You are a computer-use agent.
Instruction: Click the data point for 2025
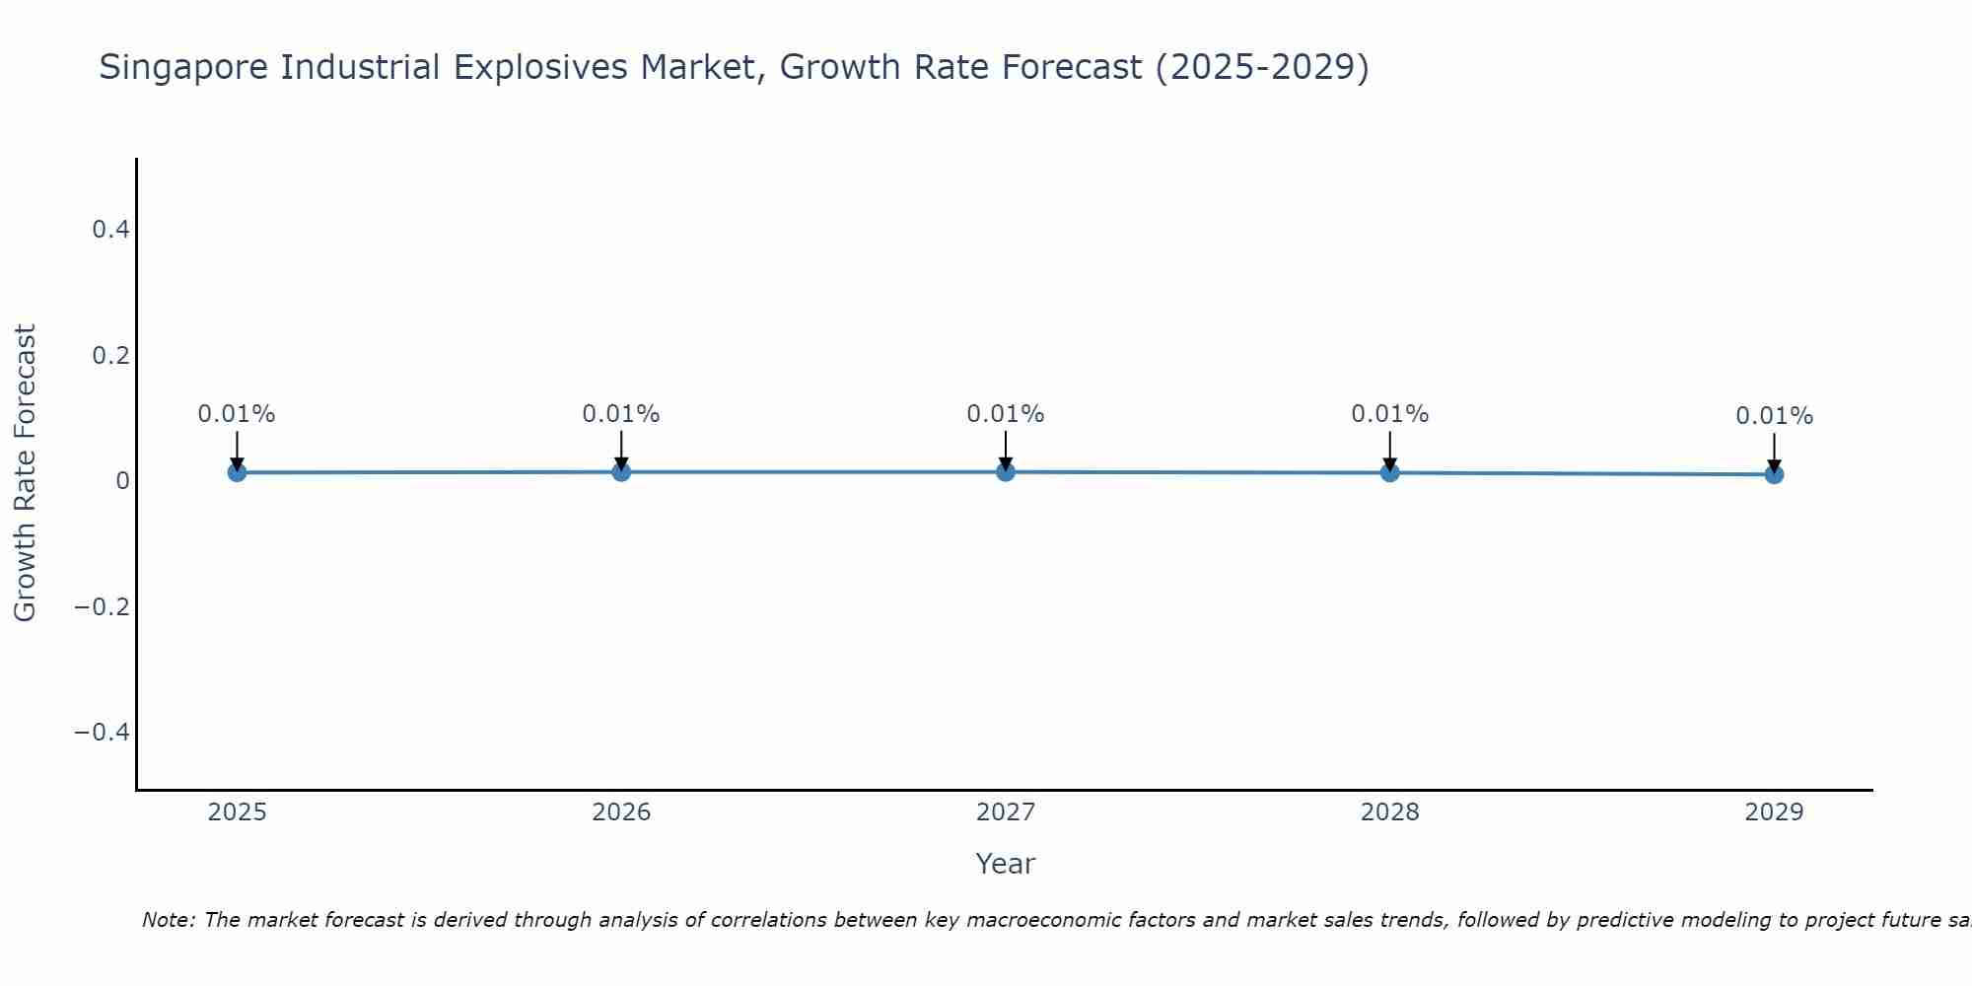point(237,472)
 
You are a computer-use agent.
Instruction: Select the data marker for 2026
point(621,471)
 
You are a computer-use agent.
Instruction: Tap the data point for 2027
point(1006,471)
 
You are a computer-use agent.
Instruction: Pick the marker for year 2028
point(1389,472)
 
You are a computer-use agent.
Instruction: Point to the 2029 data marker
point(1774,474)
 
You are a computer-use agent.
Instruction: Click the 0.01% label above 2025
point(237,414)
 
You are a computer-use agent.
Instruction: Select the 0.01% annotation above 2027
point(1006,414)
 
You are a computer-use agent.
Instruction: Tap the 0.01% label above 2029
point(1774,416)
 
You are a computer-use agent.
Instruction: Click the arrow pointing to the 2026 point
point(621,449)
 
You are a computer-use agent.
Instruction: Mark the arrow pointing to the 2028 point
point(1389,449)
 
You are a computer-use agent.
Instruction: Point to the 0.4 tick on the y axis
point(110,230)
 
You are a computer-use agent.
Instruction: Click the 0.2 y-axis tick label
point(110,355)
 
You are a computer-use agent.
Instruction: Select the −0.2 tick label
point(102,606)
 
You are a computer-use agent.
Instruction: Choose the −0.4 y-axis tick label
point(102,732)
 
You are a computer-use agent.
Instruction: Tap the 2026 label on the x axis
point(621,812)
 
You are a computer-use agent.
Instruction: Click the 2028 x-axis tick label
point(1389,812)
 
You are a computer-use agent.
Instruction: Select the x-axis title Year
point(1005,864)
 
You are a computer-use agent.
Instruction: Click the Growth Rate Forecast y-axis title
point(25,473)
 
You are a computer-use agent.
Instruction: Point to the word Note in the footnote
point(168,920)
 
